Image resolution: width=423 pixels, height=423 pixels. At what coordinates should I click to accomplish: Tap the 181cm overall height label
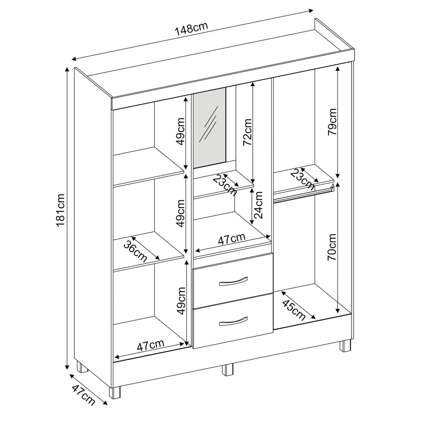[x=60, y=210]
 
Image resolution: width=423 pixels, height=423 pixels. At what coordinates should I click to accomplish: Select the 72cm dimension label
[x=247, y=132]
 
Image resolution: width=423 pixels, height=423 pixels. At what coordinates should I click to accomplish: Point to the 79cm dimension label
[x=332, y=122]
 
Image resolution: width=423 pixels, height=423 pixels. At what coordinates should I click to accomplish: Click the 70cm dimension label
[x=332, y=247]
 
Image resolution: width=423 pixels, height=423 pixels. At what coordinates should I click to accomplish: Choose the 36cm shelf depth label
[x=135, y=250]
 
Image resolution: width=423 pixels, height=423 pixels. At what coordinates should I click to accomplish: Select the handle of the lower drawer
[x=233, y=321]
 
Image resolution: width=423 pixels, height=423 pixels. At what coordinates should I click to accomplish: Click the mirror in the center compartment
[x=210, y=128]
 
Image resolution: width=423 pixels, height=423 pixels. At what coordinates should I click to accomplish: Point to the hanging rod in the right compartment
[x=304, y=193]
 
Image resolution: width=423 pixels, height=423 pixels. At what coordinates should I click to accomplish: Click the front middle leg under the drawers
[x=228, y=370]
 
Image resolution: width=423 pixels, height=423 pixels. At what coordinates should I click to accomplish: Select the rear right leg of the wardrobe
[x=345, y=346]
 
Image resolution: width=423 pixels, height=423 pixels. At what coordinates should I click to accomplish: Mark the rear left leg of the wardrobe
[x=82, y=367]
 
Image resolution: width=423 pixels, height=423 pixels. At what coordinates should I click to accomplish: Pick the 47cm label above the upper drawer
[x=232, y=239]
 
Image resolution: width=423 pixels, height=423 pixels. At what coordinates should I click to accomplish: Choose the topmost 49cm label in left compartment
[x=180, y=132]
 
